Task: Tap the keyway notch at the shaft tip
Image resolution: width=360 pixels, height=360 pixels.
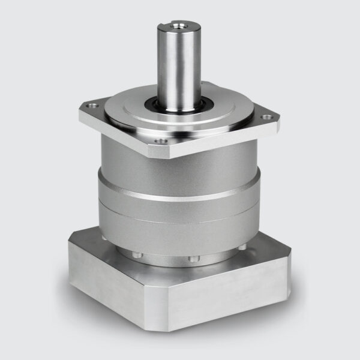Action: pyautogui.click(x=164, y=26)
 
